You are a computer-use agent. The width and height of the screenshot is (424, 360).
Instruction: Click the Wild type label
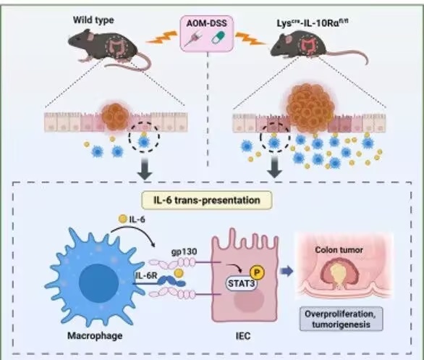(x=93, y=20)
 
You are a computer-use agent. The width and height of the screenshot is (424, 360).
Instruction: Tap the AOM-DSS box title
(x=207, y=23)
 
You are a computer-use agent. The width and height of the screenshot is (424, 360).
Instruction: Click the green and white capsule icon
(x=218, y=38)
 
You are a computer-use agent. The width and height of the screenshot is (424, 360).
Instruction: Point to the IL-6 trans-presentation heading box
(x=207, y=200)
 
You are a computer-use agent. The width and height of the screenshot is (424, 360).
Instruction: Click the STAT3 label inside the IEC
(x=241, y=284)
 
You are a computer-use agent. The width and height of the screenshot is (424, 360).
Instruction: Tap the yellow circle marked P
(x=257, y=272)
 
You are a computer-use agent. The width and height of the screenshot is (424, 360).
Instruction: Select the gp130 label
(x=185, y=251)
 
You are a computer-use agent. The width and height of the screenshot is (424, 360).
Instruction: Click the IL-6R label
(x=146, y=277)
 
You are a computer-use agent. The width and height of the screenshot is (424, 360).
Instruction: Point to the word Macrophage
(x=95, y=335)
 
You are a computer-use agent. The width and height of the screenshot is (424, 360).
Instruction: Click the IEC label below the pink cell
(x=243, y=336)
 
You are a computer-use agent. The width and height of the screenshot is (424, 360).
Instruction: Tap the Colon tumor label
(x=339, y=250)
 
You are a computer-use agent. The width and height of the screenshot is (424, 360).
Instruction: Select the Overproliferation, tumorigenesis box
(x=342, y=319)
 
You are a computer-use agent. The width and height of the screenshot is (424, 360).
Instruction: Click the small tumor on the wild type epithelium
(x=116, y=117)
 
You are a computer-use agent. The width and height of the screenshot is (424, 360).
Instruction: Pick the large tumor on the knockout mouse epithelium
(x=310, y=108)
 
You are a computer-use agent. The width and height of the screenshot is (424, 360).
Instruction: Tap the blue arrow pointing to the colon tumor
(x=287, y=271)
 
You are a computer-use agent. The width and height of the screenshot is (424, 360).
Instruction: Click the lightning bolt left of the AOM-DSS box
(x=161, y=38)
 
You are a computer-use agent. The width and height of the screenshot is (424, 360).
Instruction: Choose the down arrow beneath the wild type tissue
(x=145, y=169)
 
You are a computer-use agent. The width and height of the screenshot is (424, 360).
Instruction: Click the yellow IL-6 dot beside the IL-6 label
(x=123, y=219)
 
